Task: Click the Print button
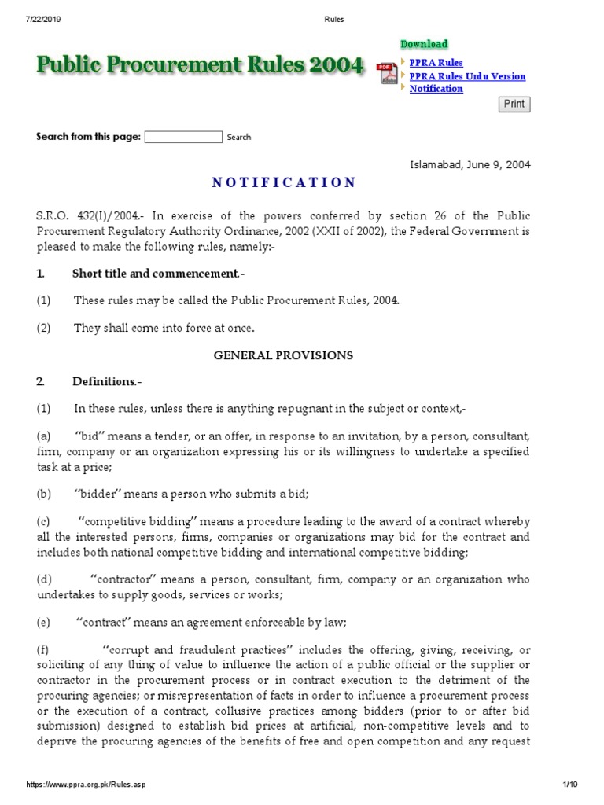[514, 104]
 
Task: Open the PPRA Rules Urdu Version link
[467, 76]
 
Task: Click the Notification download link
[436, 89]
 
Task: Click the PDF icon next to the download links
[388, 73]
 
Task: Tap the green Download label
[424, 44]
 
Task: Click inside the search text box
[183, 137]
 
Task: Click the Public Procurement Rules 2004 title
[200, 65]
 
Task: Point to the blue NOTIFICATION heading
[283, 182]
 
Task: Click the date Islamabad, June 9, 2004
[470, 164]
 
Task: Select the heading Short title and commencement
[156, 274]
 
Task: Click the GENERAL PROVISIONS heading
[283, 355]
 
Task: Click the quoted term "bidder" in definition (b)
[101, 494]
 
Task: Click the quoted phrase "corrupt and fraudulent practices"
[199, 651]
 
